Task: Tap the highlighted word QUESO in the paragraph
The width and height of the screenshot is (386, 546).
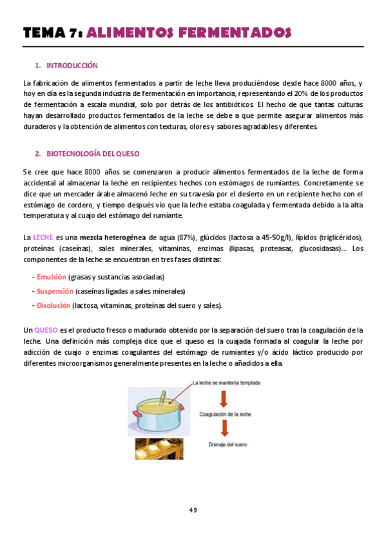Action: click(45, 330)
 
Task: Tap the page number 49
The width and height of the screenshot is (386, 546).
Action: click(193, 510)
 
